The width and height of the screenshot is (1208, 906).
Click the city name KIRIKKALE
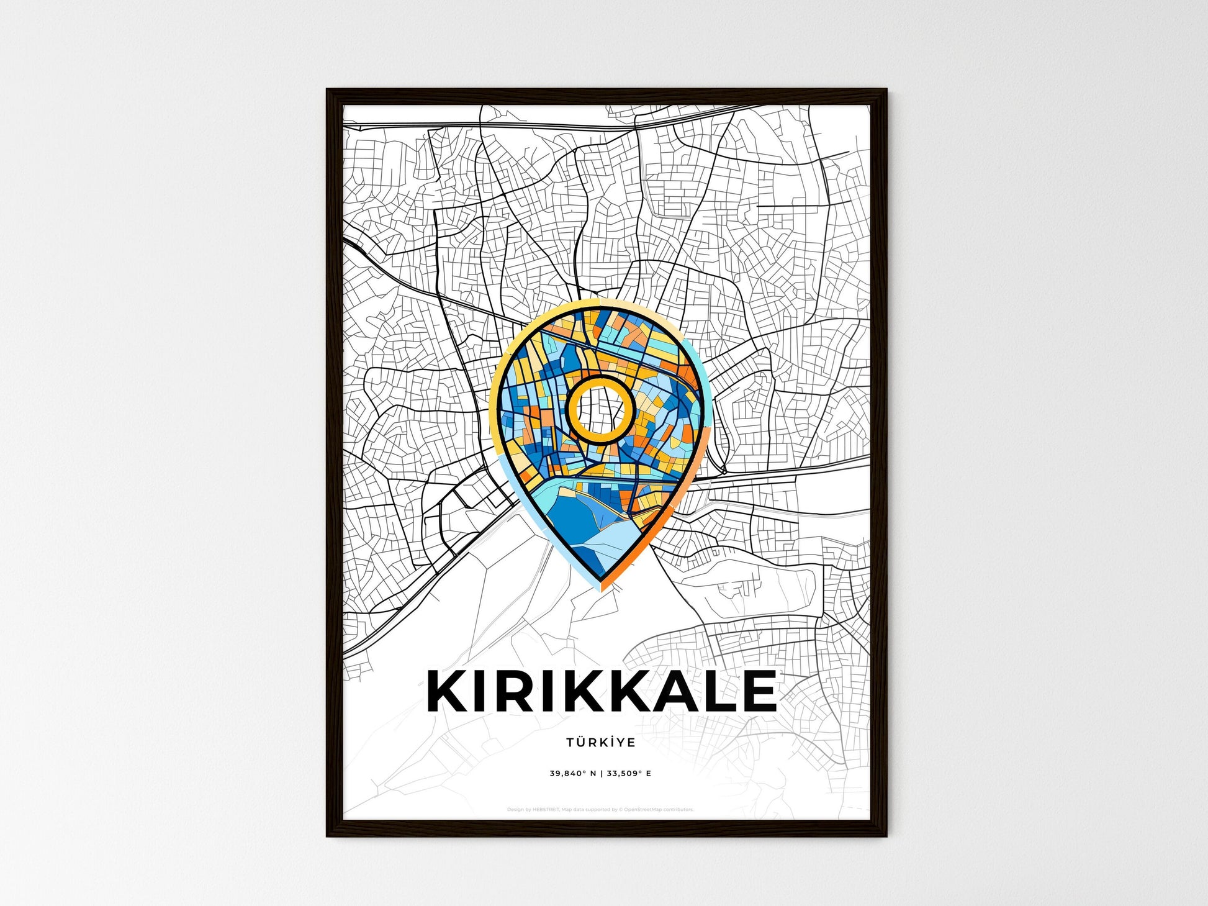pos(601,691)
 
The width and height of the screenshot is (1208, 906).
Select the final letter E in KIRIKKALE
pos(759,691)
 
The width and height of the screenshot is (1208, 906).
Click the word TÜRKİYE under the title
pos(600,742)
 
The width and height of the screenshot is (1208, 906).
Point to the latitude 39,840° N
pos(572,774)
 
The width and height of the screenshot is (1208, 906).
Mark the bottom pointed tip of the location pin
pos(600,587)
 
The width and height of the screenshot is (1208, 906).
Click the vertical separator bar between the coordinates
pos(601,774)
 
